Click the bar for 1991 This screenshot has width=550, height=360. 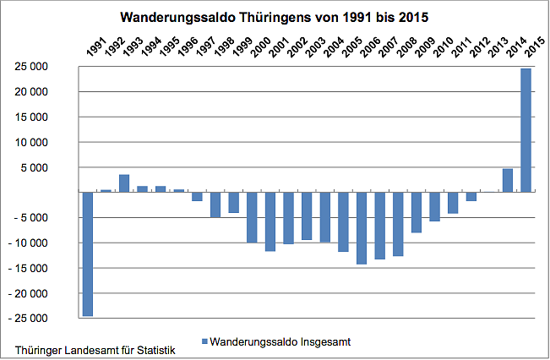click(87, 254)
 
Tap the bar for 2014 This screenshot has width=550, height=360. click(508, 181)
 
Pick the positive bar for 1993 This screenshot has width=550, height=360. click(123, 183)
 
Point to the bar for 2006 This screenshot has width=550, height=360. click(362, 228)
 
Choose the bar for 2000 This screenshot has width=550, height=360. click(252, 217)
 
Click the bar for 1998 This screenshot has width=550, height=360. click(215, 205)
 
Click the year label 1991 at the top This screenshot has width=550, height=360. click(94, 47)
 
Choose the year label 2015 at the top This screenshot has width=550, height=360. click(532, 47)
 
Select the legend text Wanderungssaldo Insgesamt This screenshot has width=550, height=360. click(279, 341)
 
